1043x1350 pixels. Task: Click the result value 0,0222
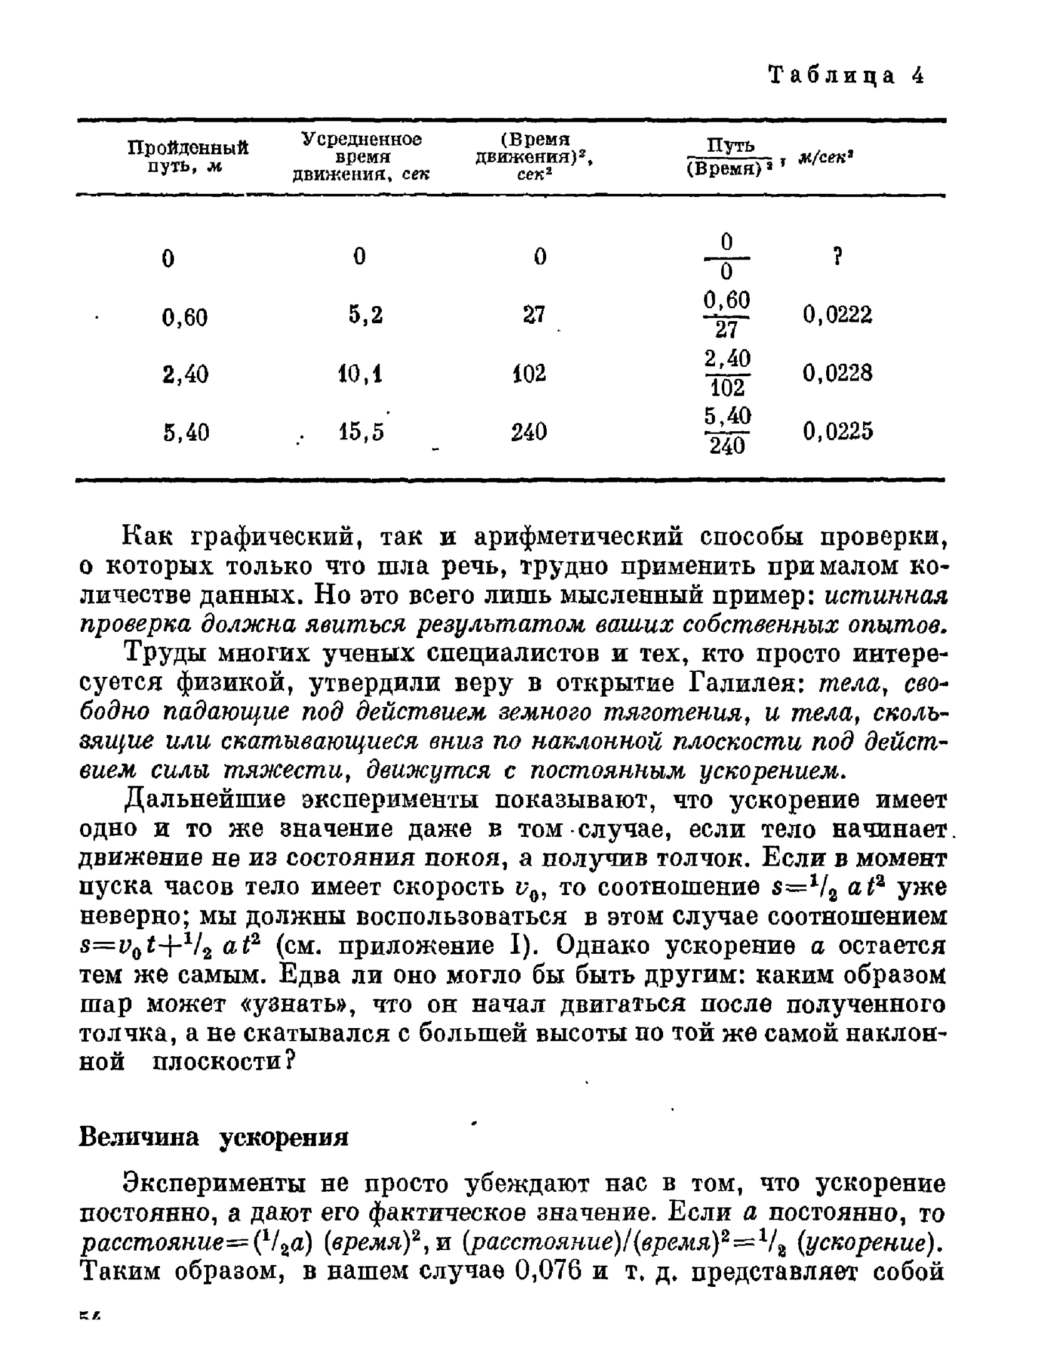837,314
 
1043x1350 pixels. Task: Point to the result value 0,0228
837,374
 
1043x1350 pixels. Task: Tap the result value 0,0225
837,431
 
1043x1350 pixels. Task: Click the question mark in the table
839,256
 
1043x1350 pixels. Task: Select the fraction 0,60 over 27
727,314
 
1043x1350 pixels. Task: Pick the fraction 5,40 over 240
727,431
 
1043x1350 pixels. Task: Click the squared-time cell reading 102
529,374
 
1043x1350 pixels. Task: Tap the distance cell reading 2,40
185,374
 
